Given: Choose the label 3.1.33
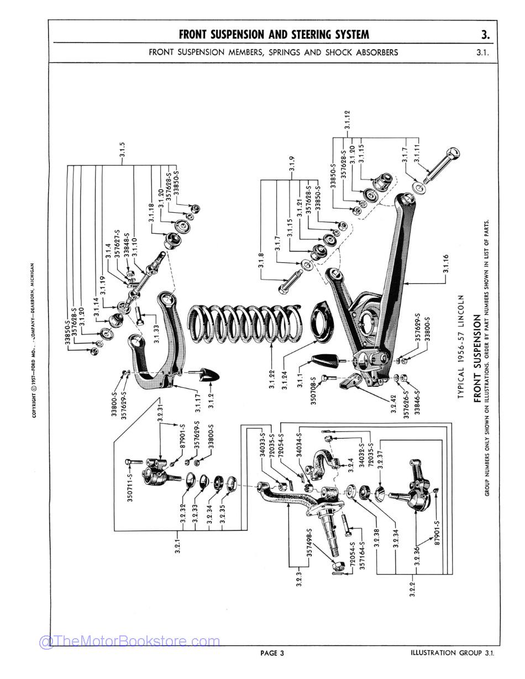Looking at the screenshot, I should pyautogui.click(x=156, y=334).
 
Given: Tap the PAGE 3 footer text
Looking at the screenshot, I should pyautogui.click(x=272, y=654).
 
